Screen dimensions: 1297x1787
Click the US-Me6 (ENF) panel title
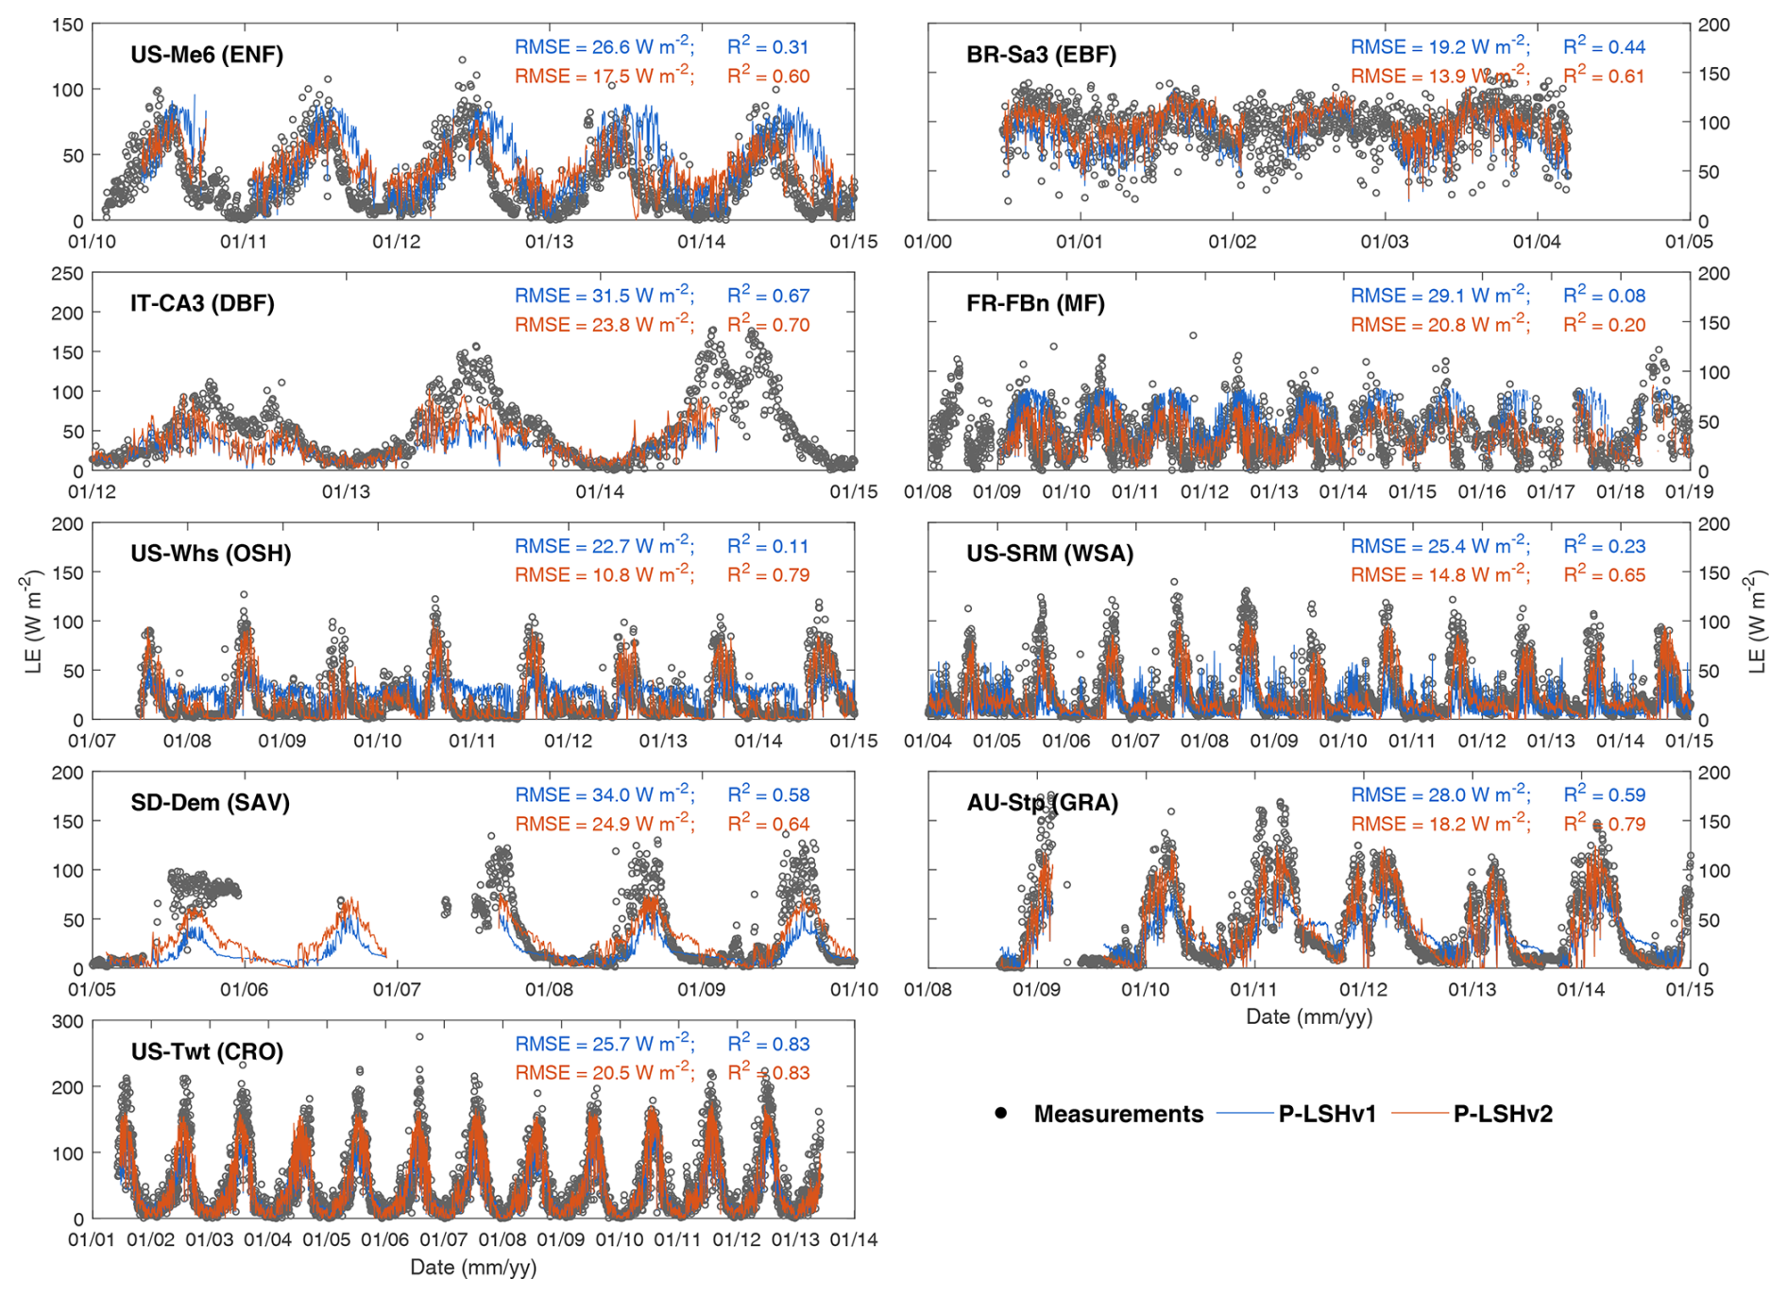(x=207, y=55)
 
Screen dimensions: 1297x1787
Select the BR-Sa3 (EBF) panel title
(x=1041, y=55)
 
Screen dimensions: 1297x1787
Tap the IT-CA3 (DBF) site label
(x=202, y=303)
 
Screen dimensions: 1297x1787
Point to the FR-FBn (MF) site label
(x=1035, y=303)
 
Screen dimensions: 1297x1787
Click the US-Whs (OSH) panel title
(x=211, y=554)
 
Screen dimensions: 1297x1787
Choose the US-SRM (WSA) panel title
(x=1049, y=554)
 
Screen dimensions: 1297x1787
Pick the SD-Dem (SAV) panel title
(x=210, y=803)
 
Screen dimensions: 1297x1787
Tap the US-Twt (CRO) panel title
(x=207, y=1052)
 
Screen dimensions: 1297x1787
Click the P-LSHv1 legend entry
(x=1326, y=1114)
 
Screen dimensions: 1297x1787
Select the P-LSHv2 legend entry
(x=1502, y=1114)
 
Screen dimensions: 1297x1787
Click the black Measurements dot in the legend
(x=1000, y=1113)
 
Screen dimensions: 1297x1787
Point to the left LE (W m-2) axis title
(x=34, y=621)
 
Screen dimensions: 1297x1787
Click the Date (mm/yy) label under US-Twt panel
(x=473, y=1267)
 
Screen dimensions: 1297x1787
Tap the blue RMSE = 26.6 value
(x=604, y=46)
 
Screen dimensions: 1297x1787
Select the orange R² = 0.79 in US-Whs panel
(x=768, y=574)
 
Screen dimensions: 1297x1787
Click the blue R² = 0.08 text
(x=1604, y=296)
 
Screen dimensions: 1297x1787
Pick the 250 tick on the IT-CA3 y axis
(x=67, y=274)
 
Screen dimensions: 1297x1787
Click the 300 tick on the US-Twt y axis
(x=67, y=1022)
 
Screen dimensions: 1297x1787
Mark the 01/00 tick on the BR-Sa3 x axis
(x=928, y=242)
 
